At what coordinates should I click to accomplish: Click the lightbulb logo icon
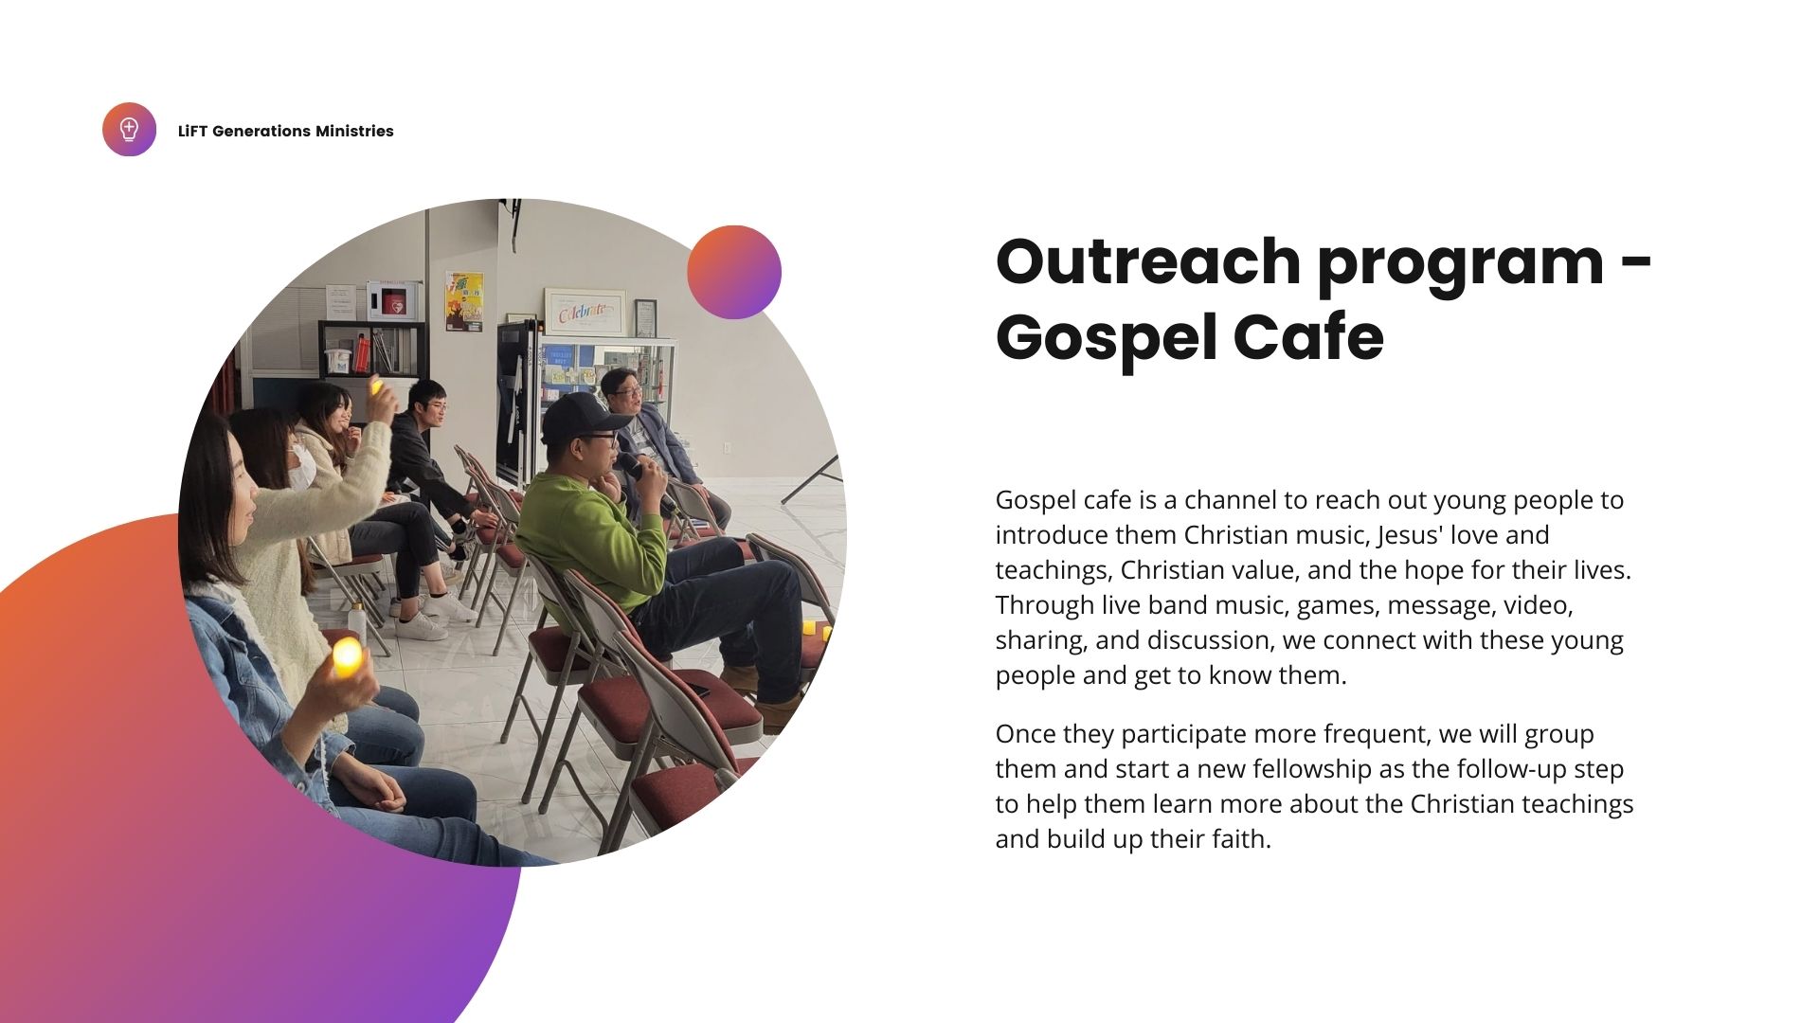tap(129, 130)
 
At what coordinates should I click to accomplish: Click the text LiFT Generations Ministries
tap(285, 132)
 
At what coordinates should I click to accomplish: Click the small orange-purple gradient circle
tap(734, 272)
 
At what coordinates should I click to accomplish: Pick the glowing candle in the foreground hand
tap(347, 655)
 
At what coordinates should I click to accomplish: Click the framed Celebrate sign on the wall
tap(585, 312)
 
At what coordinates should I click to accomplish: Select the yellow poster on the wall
tap(464, 301)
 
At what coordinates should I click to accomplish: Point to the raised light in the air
tap(377, 386)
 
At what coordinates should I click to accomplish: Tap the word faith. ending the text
tap(1239, 839)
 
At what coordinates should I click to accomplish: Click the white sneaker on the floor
tap(422, 626)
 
